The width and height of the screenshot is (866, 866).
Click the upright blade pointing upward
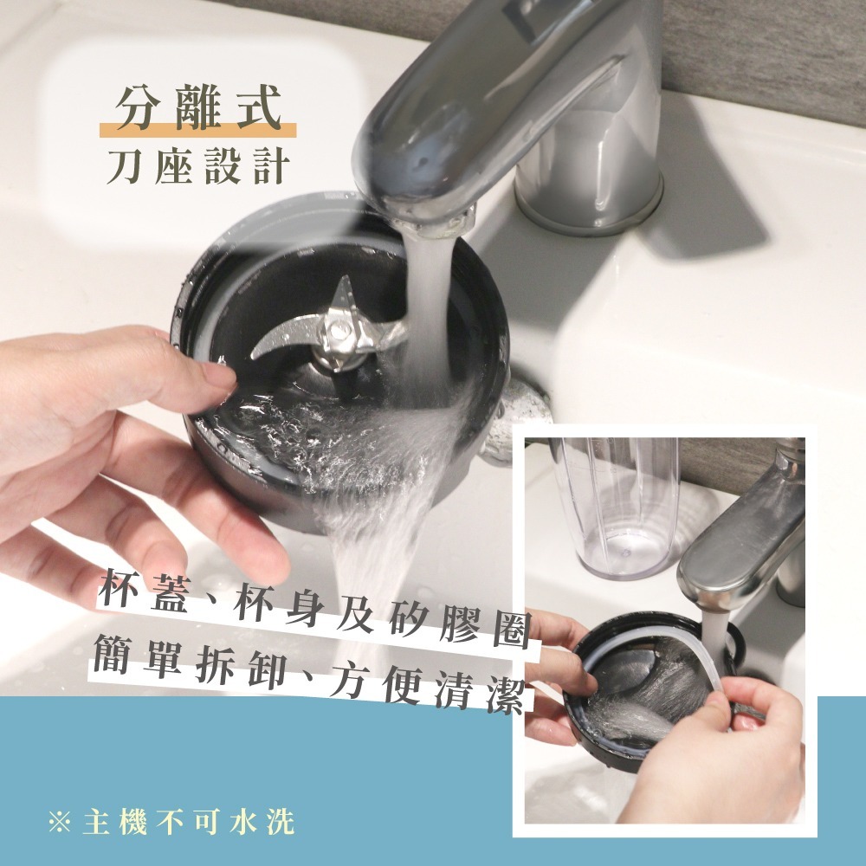(x=343, y=295)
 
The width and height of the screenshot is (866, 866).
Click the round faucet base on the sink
(x=589, y=199)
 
